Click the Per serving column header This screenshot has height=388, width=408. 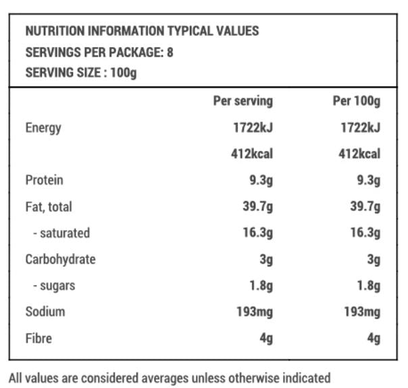coord(243,101)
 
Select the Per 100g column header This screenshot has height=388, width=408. coord(356,101)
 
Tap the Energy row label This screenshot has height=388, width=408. coord(43,128)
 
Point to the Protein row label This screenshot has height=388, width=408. coord(44,180)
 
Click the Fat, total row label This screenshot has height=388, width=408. coord(49,206)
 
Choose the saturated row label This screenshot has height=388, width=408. coord(61,233)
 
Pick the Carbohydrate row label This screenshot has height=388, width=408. coord(60,259)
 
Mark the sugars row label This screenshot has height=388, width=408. coord(53,285)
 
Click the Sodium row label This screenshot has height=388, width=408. coord(45,312)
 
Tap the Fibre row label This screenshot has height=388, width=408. coord(39,338)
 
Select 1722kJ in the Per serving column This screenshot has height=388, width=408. coord(251,128)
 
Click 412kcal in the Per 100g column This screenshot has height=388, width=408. coord(359,154)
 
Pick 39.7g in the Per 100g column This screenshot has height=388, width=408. coord(365,206)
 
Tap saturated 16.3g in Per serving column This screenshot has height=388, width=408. coord(258,233)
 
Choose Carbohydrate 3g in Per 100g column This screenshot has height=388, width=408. coord(374,259)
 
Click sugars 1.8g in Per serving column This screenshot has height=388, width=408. coord(261,285)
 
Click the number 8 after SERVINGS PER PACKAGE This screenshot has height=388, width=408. coord(170,52)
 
